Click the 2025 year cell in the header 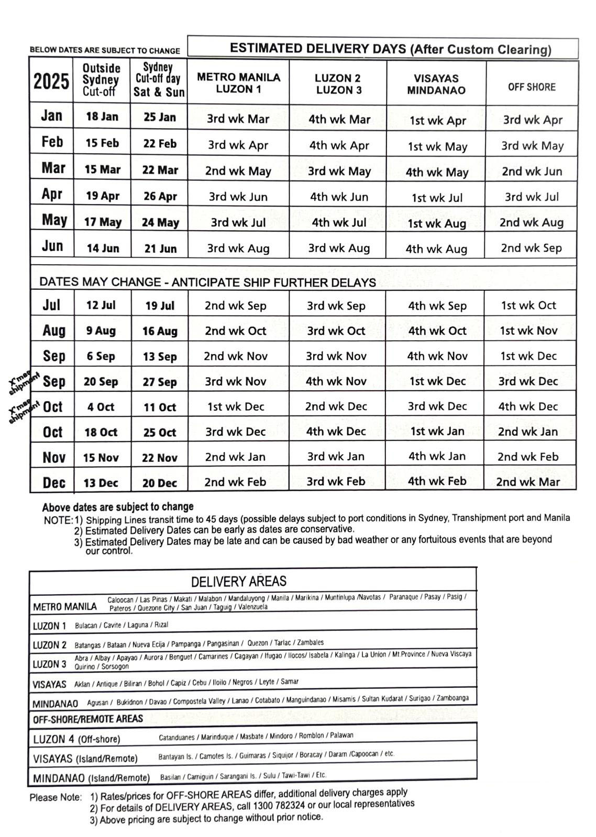[51, 82]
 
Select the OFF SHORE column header [531, 87]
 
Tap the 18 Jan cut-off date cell [102, 117]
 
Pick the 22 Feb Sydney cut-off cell [159, 143]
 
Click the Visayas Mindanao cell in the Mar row [436, 172]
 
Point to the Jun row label [52, 246]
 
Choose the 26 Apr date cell [160, 197]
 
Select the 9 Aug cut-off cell [101, 331]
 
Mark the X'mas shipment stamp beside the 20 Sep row [24, 383]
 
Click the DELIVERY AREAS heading [238, 582]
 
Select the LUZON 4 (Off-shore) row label [76, 739]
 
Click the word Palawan [341, 735]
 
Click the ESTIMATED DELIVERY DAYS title [390, 49]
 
